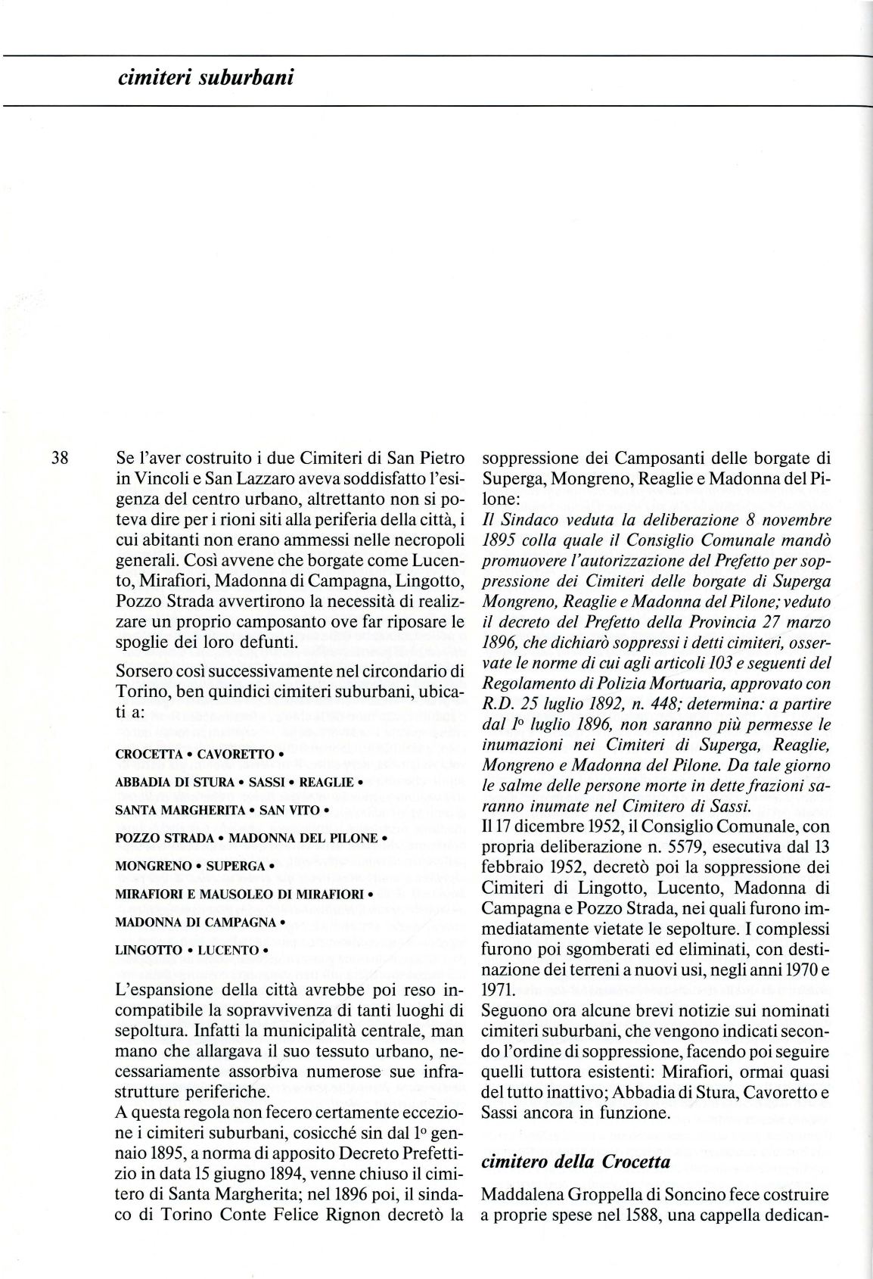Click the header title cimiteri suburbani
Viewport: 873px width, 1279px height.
point(195,77)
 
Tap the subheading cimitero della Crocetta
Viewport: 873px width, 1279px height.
point(576,1161)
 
